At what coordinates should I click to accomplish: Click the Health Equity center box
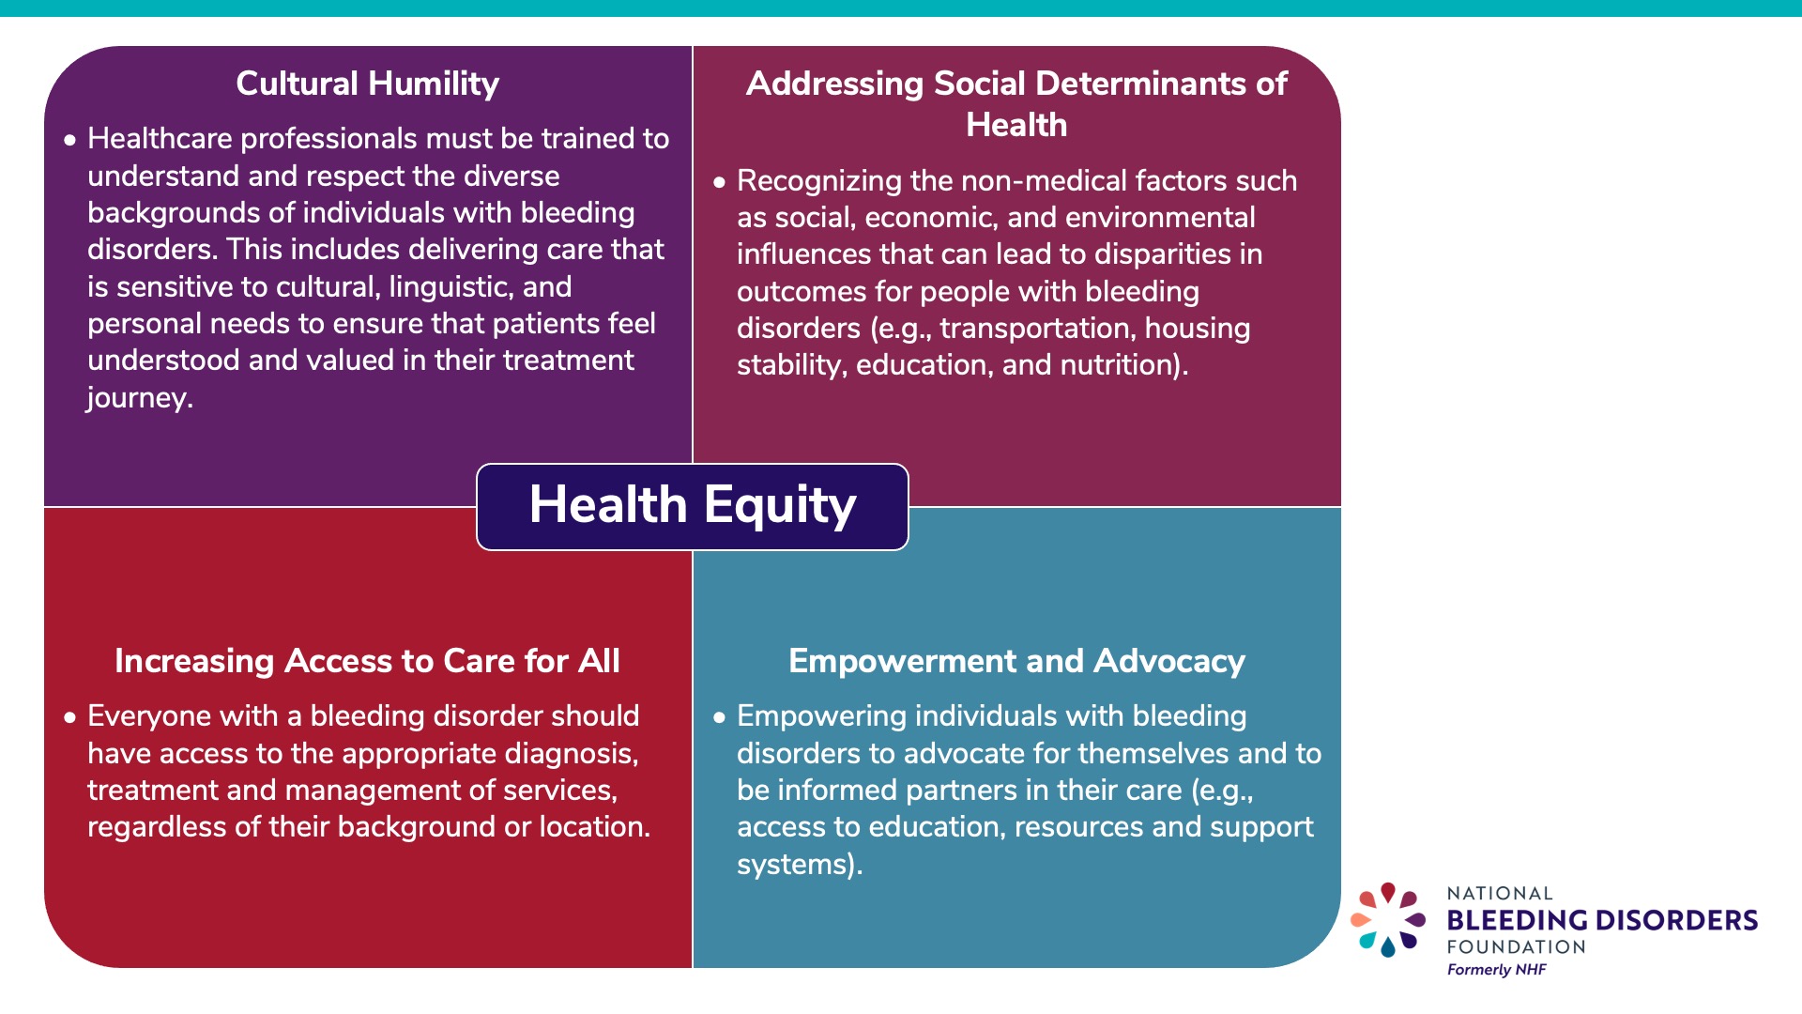(692, 506)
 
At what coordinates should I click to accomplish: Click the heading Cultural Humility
(367, 84)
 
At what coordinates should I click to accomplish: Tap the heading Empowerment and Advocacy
(1016, 661)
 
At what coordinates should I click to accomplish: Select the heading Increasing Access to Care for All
(367, 661)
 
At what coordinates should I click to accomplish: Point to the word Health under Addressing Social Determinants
(1016, 125)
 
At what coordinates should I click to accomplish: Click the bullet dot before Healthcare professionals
(69, 141)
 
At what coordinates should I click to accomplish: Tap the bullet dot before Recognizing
(719, 182)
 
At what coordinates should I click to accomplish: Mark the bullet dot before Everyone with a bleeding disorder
(69, 718)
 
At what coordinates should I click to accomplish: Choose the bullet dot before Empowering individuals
(719, 718)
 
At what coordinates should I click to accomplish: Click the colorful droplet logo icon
(1387, 920)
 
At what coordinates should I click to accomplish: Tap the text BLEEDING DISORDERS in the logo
(1601, 920)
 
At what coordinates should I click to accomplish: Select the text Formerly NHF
(1496, 970)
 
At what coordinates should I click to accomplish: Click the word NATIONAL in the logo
(1499, 894)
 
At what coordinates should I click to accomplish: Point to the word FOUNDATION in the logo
(1516, 947)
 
